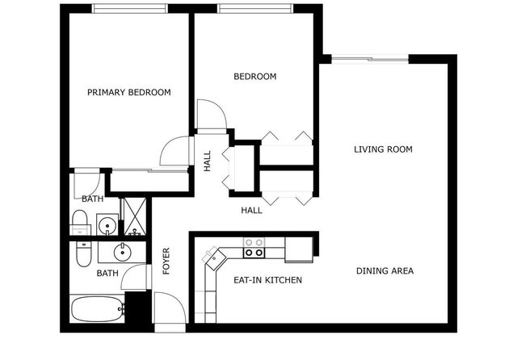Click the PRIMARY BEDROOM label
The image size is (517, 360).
tap(129, 93)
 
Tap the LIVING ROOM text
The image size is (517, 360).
tap(384, 149)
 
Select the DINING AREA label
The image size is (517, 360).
tap(385, 271)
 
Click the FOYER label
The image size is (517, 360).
tap(166, 261)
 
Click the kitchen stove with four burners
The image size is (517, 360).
tap(254, 247)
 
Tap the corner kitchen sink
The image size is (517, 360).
tap(214, 258)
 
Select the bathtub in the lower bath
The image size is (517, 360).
tap(97, 309)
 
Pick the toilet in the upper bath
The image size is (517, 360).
tap(80, 221)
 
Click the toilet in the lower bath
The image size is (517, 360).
tap(83, 254)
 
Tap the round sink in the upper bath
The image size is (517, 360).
tap(105, 224)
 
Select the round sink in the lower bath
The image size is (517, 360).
tap(123, 252)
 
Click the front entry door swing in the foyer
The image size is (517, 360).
tap(168, 308)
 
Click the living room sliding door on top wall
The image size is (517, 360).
tap(371, 57)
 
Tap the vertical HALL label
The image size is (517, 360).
tap(208, 161)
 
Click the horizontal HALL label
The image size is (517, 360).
tap(251, 211)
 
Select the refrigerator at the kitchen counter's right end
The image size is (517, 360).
tap(299, 249)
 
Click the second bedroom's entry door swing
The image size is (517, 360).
tap(208, 114)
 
